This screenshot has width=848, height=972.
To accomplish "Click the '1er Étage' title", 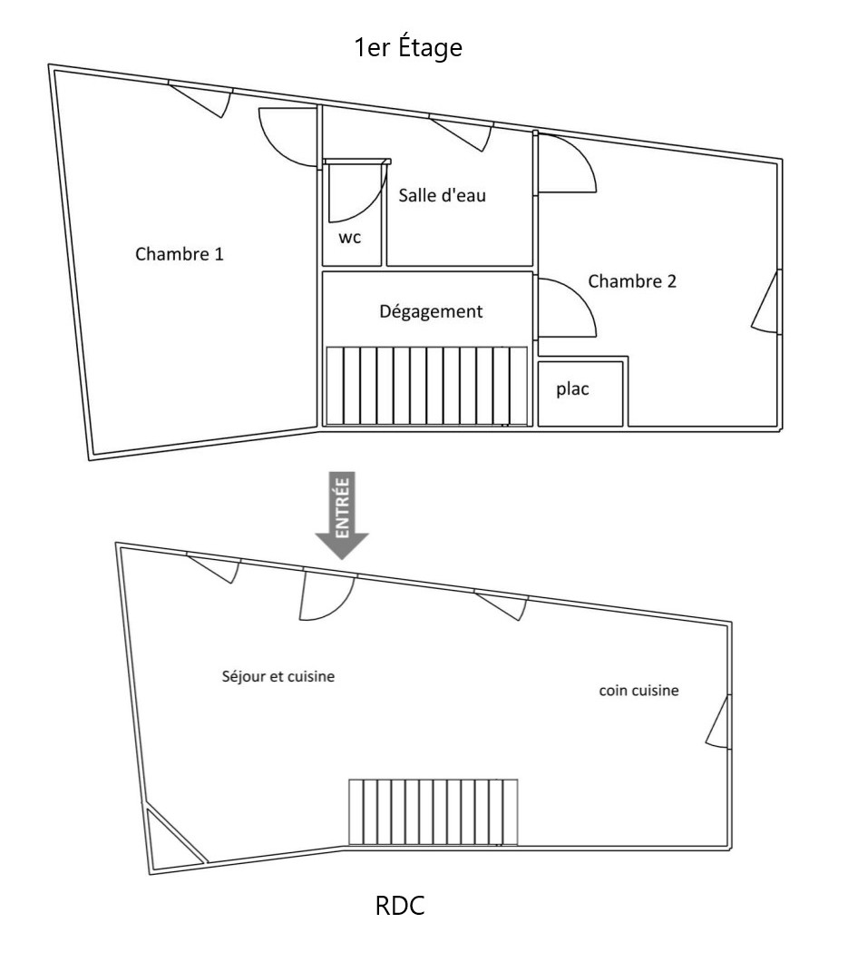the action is tap(408, 47).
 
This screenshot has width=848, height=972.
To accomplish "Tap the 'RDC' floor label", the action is tap(400, 906).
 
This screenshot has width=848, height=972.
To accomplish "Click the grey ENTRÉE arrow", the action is tap(342, 515).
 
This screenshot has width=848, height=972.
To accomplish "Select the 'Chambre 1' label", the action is tap(179, 253).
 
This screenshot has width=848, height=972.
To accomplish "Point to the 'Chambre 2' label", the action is tap(632, 281).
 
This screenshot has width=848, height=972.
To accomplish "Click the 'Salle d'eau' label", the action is tap(442, 195).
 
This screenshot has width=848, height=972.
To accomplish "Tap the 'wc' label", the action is tap(350, 238).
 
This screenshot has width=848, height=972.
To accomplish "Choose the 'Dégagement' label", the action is tap(431, 311).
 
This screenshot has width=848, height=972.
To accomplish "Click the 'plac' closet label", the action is tap(572, 389).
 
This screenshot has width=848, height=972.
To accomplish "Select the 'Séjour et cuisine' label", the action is tap(278, 676).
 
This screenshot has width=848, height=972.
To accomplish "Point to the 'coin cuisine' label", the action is tap(638, 691).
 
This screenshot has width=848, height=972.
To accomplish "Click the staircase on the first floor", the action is tap(427, 386).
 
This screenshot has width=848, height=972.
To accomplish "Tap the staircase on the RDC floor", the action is tap(433, 812).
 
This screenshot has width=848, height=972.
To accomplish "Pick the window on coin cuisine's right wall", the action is tap(719, 722).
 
